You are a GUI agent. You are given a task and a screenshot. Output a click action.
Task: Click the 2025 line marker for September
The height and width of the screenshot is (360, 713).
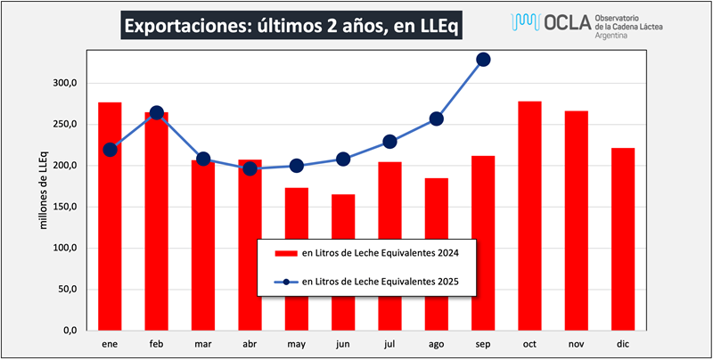click(x=483, y=60)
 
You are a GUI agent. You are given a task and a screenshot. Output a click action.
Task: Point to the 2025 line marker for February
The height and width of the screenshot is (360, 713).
click(x=157, y=112)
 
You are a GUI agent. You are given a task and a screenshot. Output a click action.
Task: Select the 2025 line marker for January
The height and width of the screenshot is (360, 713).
click(x=110, y=150)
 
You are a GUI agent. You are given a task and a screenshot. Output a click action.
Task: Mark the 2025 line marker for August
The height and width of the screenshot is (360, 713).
click(x=437, y=119)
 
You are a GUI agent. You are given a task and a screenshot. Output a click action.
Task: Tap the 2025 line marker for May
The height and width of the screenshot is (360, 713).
click(x=297, y=166)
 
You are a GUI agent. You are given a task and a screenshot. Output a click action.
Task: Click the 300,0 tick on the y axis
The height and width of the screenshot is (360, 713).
click(x=65, y=83)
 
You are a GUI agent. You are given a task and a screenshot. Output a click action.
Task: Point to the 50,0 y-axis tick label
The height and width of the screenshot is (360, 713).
click(x=68, y=289)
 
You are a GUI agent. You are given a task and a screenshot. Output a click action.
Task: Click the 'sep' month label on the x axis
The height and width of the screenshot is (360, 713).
click(x=483, y=343)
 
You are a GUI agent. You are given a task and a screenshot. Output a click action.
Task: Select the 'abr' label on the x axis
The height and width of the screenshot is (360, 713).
click(x=250, y=343)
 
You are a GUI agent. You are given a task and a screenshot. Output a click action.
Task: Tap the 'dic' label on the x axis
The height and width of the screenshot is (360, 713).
click(x=622, y=343)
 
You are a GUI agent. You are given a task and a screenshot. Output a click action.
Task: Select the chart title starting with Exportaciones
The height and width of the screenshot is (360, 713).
click(x=291, y=27)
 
